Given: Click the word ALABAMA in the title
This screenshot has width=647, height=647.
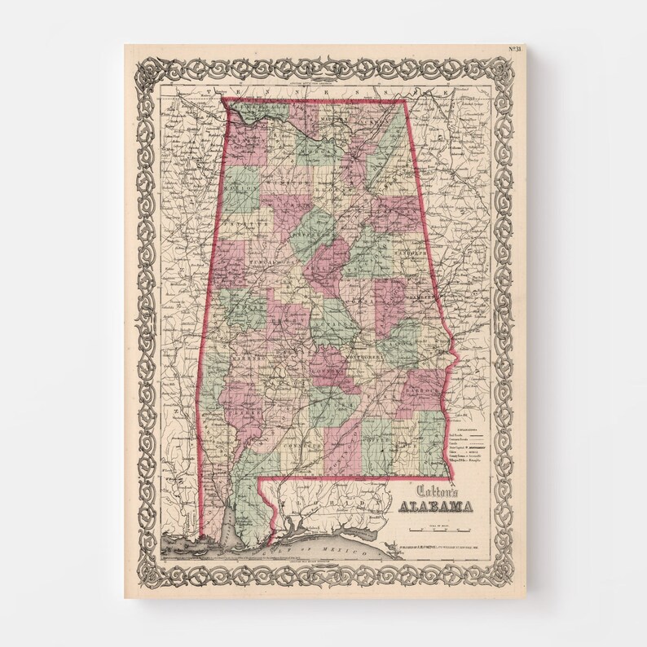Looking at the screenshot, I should coord(436,507).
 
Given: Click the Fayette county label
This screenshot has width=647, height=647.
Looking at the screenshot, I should coord(237,219).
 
